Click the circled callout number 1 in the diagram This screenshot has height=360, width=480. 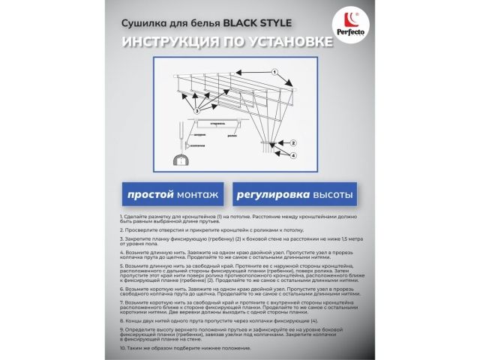coord(275,73)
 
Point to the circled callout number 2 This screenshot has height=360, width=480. coord(293,142)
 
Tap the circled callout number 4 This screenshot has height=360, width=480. coord(293,155)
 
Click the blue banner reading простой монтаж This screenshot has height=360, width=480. coord(172,195)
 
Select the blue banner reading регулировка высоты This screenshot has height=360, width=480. coord(294,195)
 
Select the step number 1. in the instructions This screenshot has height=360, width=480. coord(121,216)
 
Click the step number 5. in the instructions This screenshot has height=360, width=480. coord(121,266)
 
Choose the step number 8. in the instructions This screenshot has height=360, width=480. coord(121,320)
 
